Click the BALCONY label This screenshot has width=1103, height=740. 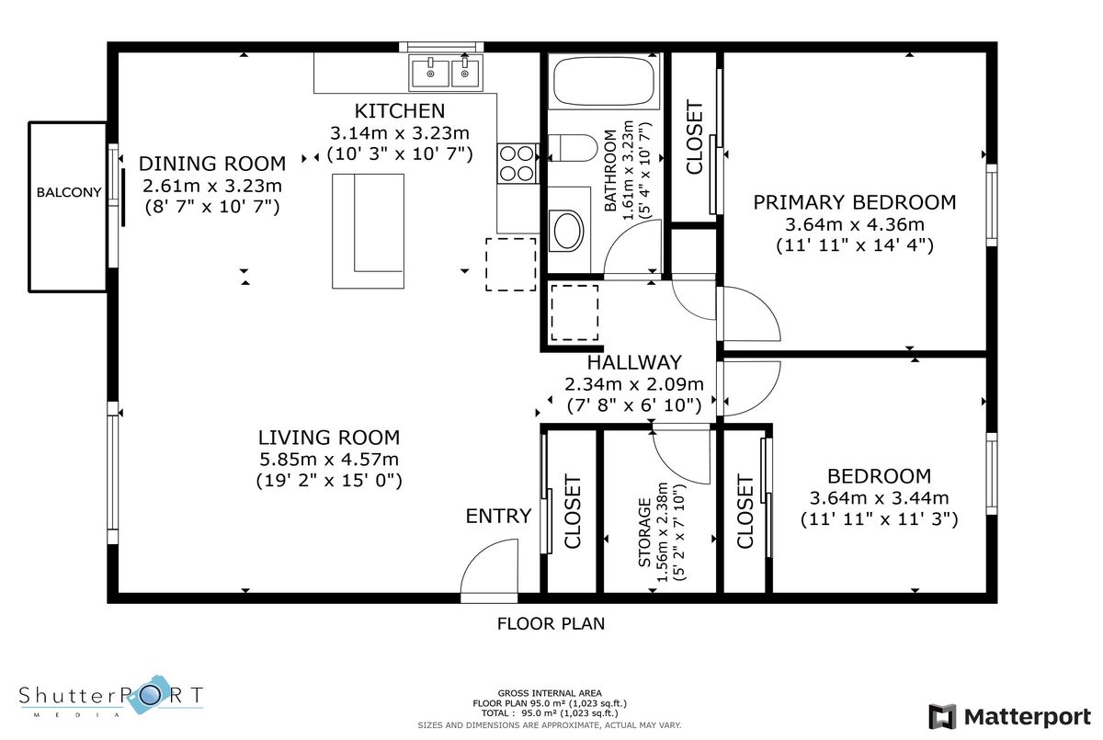coord(69,192)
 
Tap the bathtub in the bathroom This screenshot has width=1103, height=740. coord(604,81)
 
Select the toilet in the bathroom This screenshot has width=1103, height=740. coord(573,148)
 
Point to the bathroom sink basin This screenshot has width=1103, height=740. coord(568,231)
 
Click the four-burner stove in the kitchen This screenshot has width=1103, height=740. coord(517,164)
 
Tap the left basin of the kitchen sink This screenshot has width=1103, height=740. coord(430,74)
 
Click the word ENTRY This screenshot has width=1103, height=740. coord(498,516)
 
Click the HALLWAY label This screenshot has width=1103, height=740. coord(634,362)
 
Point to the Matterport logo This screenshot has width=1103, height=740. coord(1009,717)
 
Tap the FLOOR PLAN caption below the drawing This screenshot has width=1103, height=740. coord(551,624)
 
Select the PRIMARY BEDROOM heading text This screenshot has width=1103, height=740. coord(854,202)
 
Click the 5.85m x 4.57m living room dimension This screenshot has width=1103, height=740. coord(329,460)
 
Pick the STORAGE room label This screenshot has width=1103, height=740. coord(644,533)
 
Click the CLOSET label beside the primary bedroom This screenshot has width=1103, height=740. coord(694,137)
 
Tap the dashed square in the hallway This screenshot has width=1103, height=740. coord(574,313)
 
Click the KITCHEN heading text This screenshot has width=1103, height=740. coord(400,111)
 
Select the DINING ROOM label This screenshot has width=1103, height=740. coord(212,164)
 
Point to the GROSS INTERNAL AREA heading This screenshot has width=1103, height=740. coord(550,693)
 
